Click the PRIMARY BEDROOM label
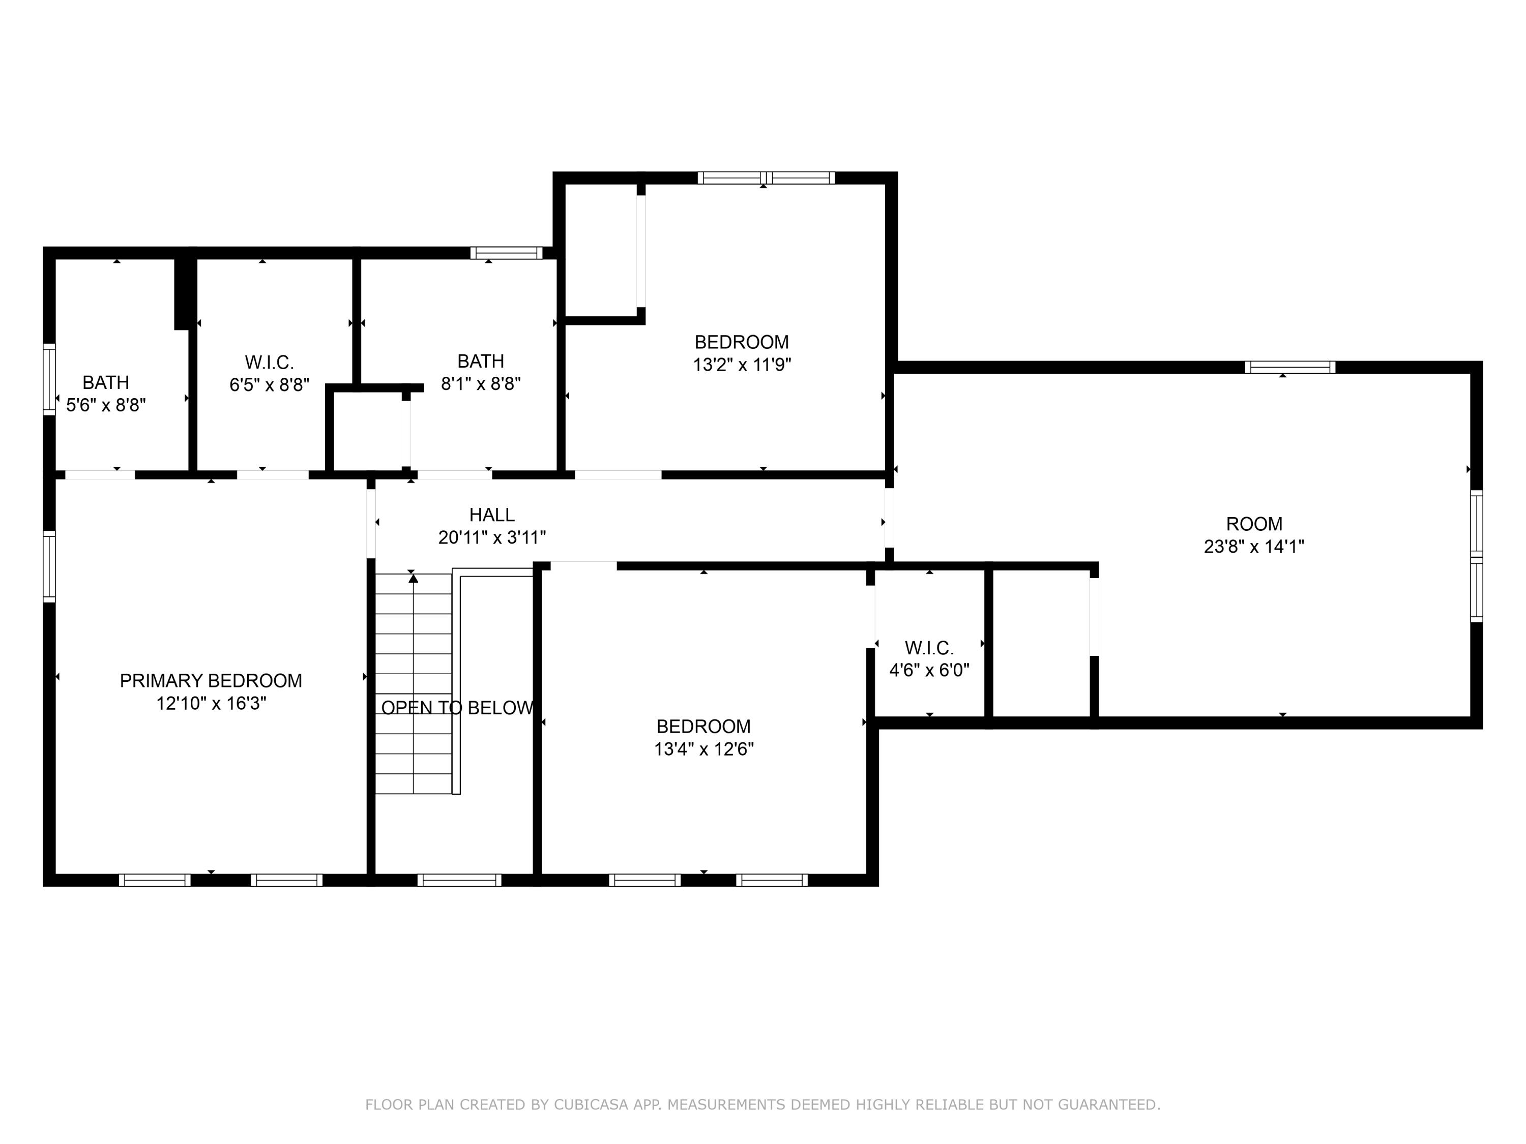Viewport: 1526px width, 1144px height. pyautogui.click(x=211, y=681)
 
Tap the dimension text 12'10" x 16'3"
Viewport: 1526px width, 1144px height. pyautogui.click(x=211, y=703)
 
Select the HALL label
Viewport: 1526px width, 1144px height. pyautogui.click(x=491, y=515)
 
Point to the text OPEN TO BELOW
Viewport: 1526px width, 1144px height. pyautogui.click(x=457, y=708)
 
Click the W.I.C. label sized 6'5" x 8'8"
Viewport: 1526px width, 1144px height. pyautogui.click(x=269, y=362)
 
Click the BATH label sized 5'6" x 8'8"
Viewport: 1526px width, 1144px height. pyautogui.click(x=106, y=382)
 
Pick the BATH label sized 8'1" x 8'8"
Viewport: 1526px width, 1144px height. pyautogui.click(x=480, y=360)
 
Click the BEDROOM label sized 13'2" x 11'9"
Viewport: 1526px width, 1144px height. pyautogui.click(x=741, y=342)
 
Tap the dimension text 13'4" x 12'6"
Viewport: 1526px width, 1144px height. pyautogui.click(x=703, y=749)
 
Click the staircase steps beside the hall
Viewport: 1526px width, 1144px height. pyautogui.click(x=413, y=689)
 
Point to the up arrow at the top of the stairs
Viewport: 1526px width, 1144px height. pyautogui.click(x=413, y=578)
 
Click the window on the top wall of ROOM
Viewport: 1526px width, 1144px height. pyautogui.click(x=1289, y=368)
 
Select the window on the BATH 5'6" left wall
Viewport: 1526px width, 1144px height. pyautogui.click(x=49, y=379)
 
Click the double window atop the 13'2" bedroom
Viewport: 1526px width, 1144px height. pyautogui.click(x=766, y=178)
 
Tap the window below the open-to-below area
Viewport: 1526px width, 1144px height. pyautogui.click(x=459, y=880)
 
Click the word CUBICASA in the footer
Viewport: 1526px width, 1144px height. pyautogui.click(x=591, y=1105)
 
